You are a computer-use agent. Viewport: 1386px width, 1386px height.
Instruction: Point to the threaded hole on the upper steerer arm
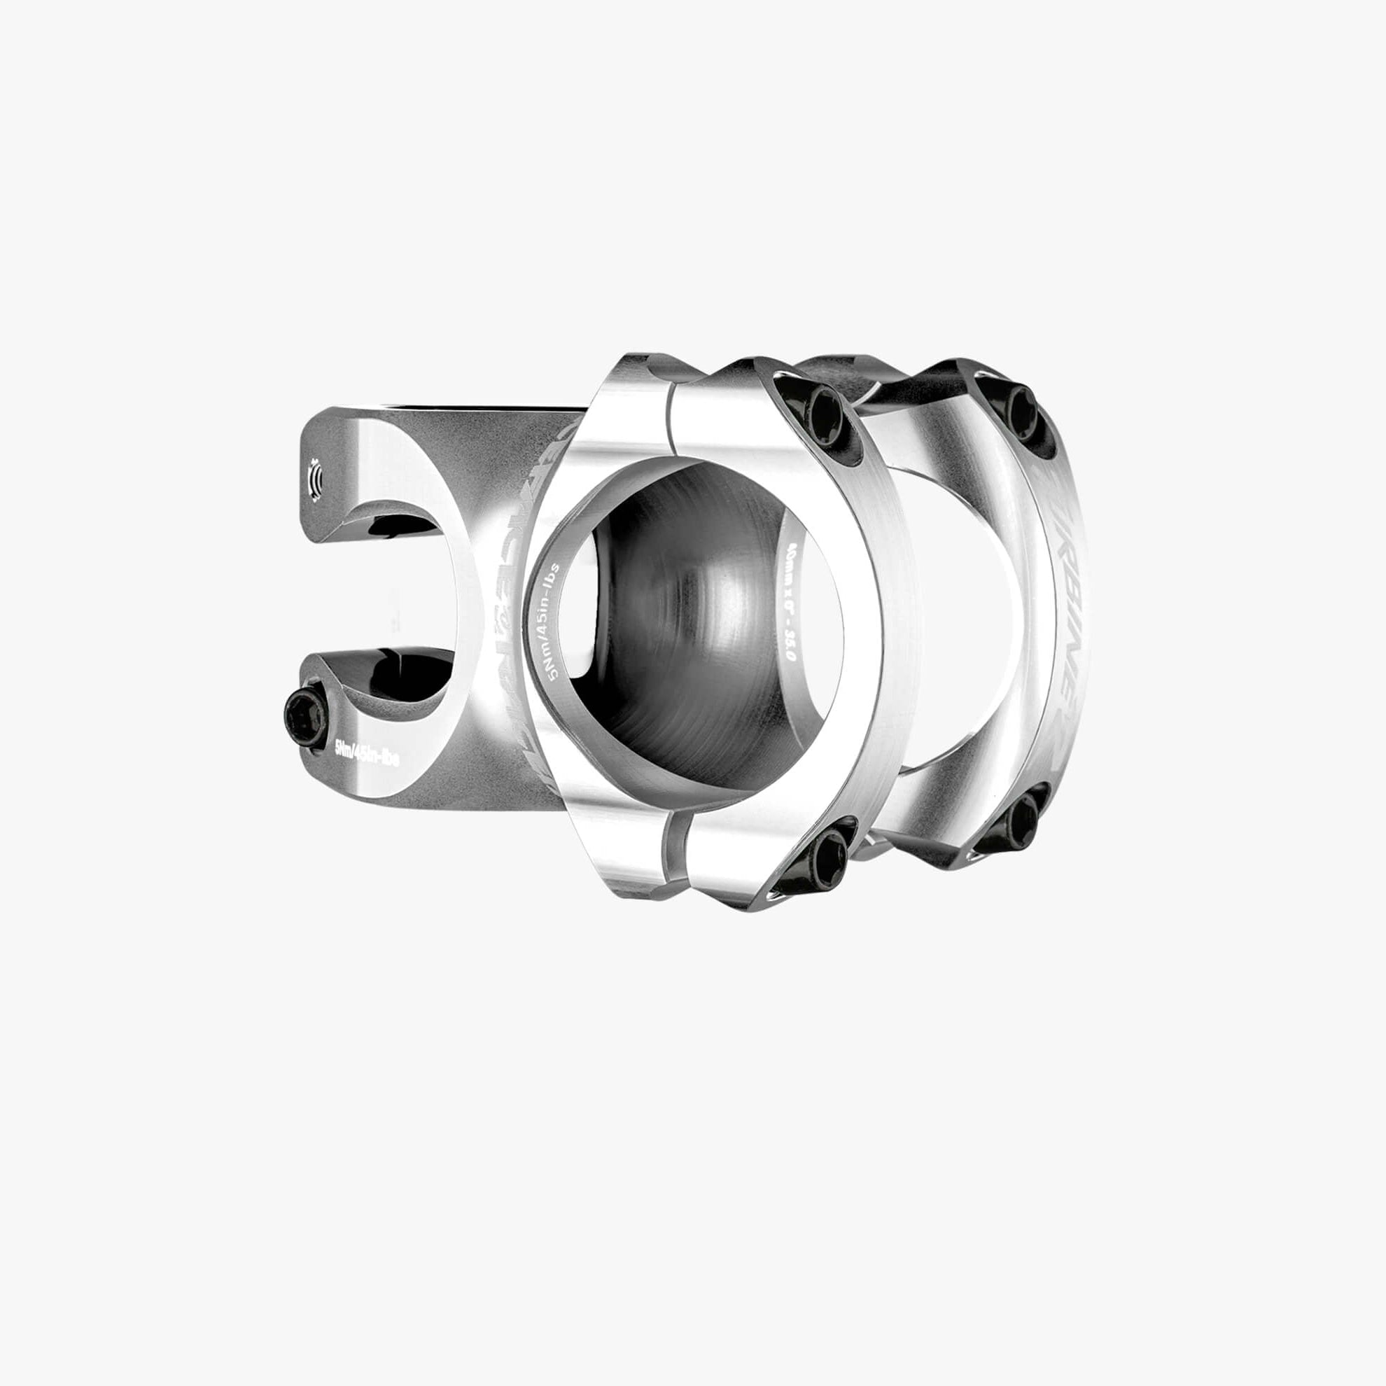tap(314, 475)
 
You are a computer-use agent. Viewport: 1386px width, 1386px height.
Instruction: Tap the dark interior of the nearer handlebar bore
tap(689, 617)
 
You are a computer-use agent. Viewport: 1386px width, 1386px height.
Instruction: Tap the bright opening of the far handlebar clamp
tap(961, 617)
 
